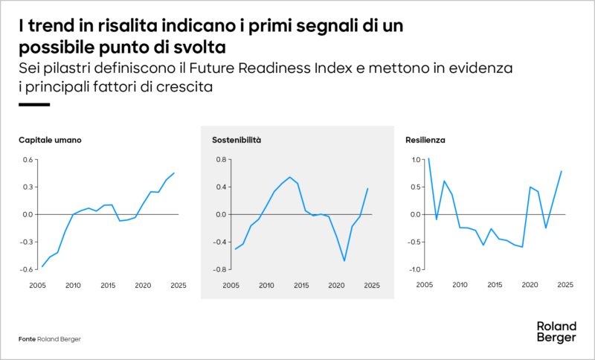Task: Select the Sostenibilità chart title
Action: click(236, 140)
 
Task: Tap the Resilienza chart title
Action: click(425, 140)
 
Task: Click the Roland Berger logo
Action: click(556, 332)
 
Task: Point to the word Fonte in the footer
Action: click(27, 339)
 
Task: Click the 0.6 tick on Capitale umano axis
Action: click(28, 159)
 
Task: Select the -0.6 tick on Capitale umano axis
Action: click(26, 269)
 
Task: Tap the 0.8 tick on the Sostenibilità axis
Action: click(220, 159)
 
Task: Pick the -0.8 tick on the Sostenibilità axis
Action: click(219, 269)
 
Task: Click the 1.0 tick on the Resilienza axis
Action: click(415, 159)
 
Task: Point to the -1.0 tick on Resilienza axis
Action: click(414, 269)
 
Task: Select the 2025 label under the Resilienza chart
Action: click(565, 285)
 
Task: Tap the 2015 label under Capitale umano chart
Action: click(108, 285)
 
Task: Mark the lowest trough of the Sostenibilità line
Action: click(344, 261)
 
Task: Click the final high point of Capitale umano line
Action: click(174, 173)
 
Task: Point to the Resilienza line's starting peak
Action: click(428, 158)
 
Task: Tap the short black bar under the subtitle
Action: click(33, 105)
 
